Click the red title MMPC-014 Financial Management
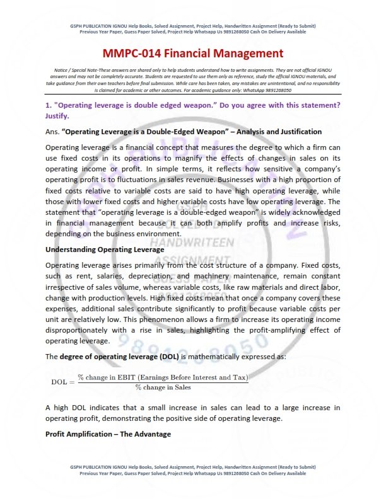point(193,54)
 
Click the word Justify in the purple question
point(59,116)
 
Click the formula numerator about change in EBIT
point(163,377)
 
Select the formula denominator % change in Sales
point(163,387)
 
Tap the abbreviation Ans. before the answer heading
point(52,132)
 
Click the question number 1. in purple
point(48,104)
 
